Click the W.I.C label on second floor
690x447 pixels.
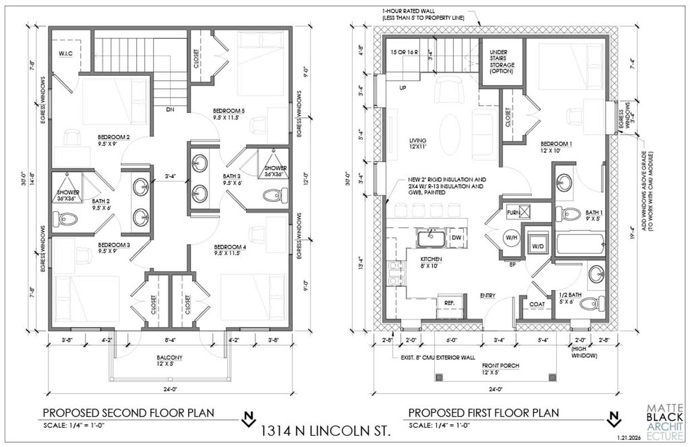pos(66,53)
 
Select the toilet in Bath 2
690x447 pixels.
pos(66,219)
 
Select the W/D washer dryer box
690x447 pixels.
pos(538,245)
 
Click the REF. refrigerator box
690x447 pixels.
pos(450,303)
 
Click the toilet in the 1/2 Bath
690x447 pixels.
pos(590,304)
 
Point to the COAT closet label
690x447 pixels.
pos(536,304)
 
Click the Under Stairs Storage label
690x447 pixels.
pos(502,61)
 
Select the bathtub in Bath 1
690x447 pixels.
pos(580,244)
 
